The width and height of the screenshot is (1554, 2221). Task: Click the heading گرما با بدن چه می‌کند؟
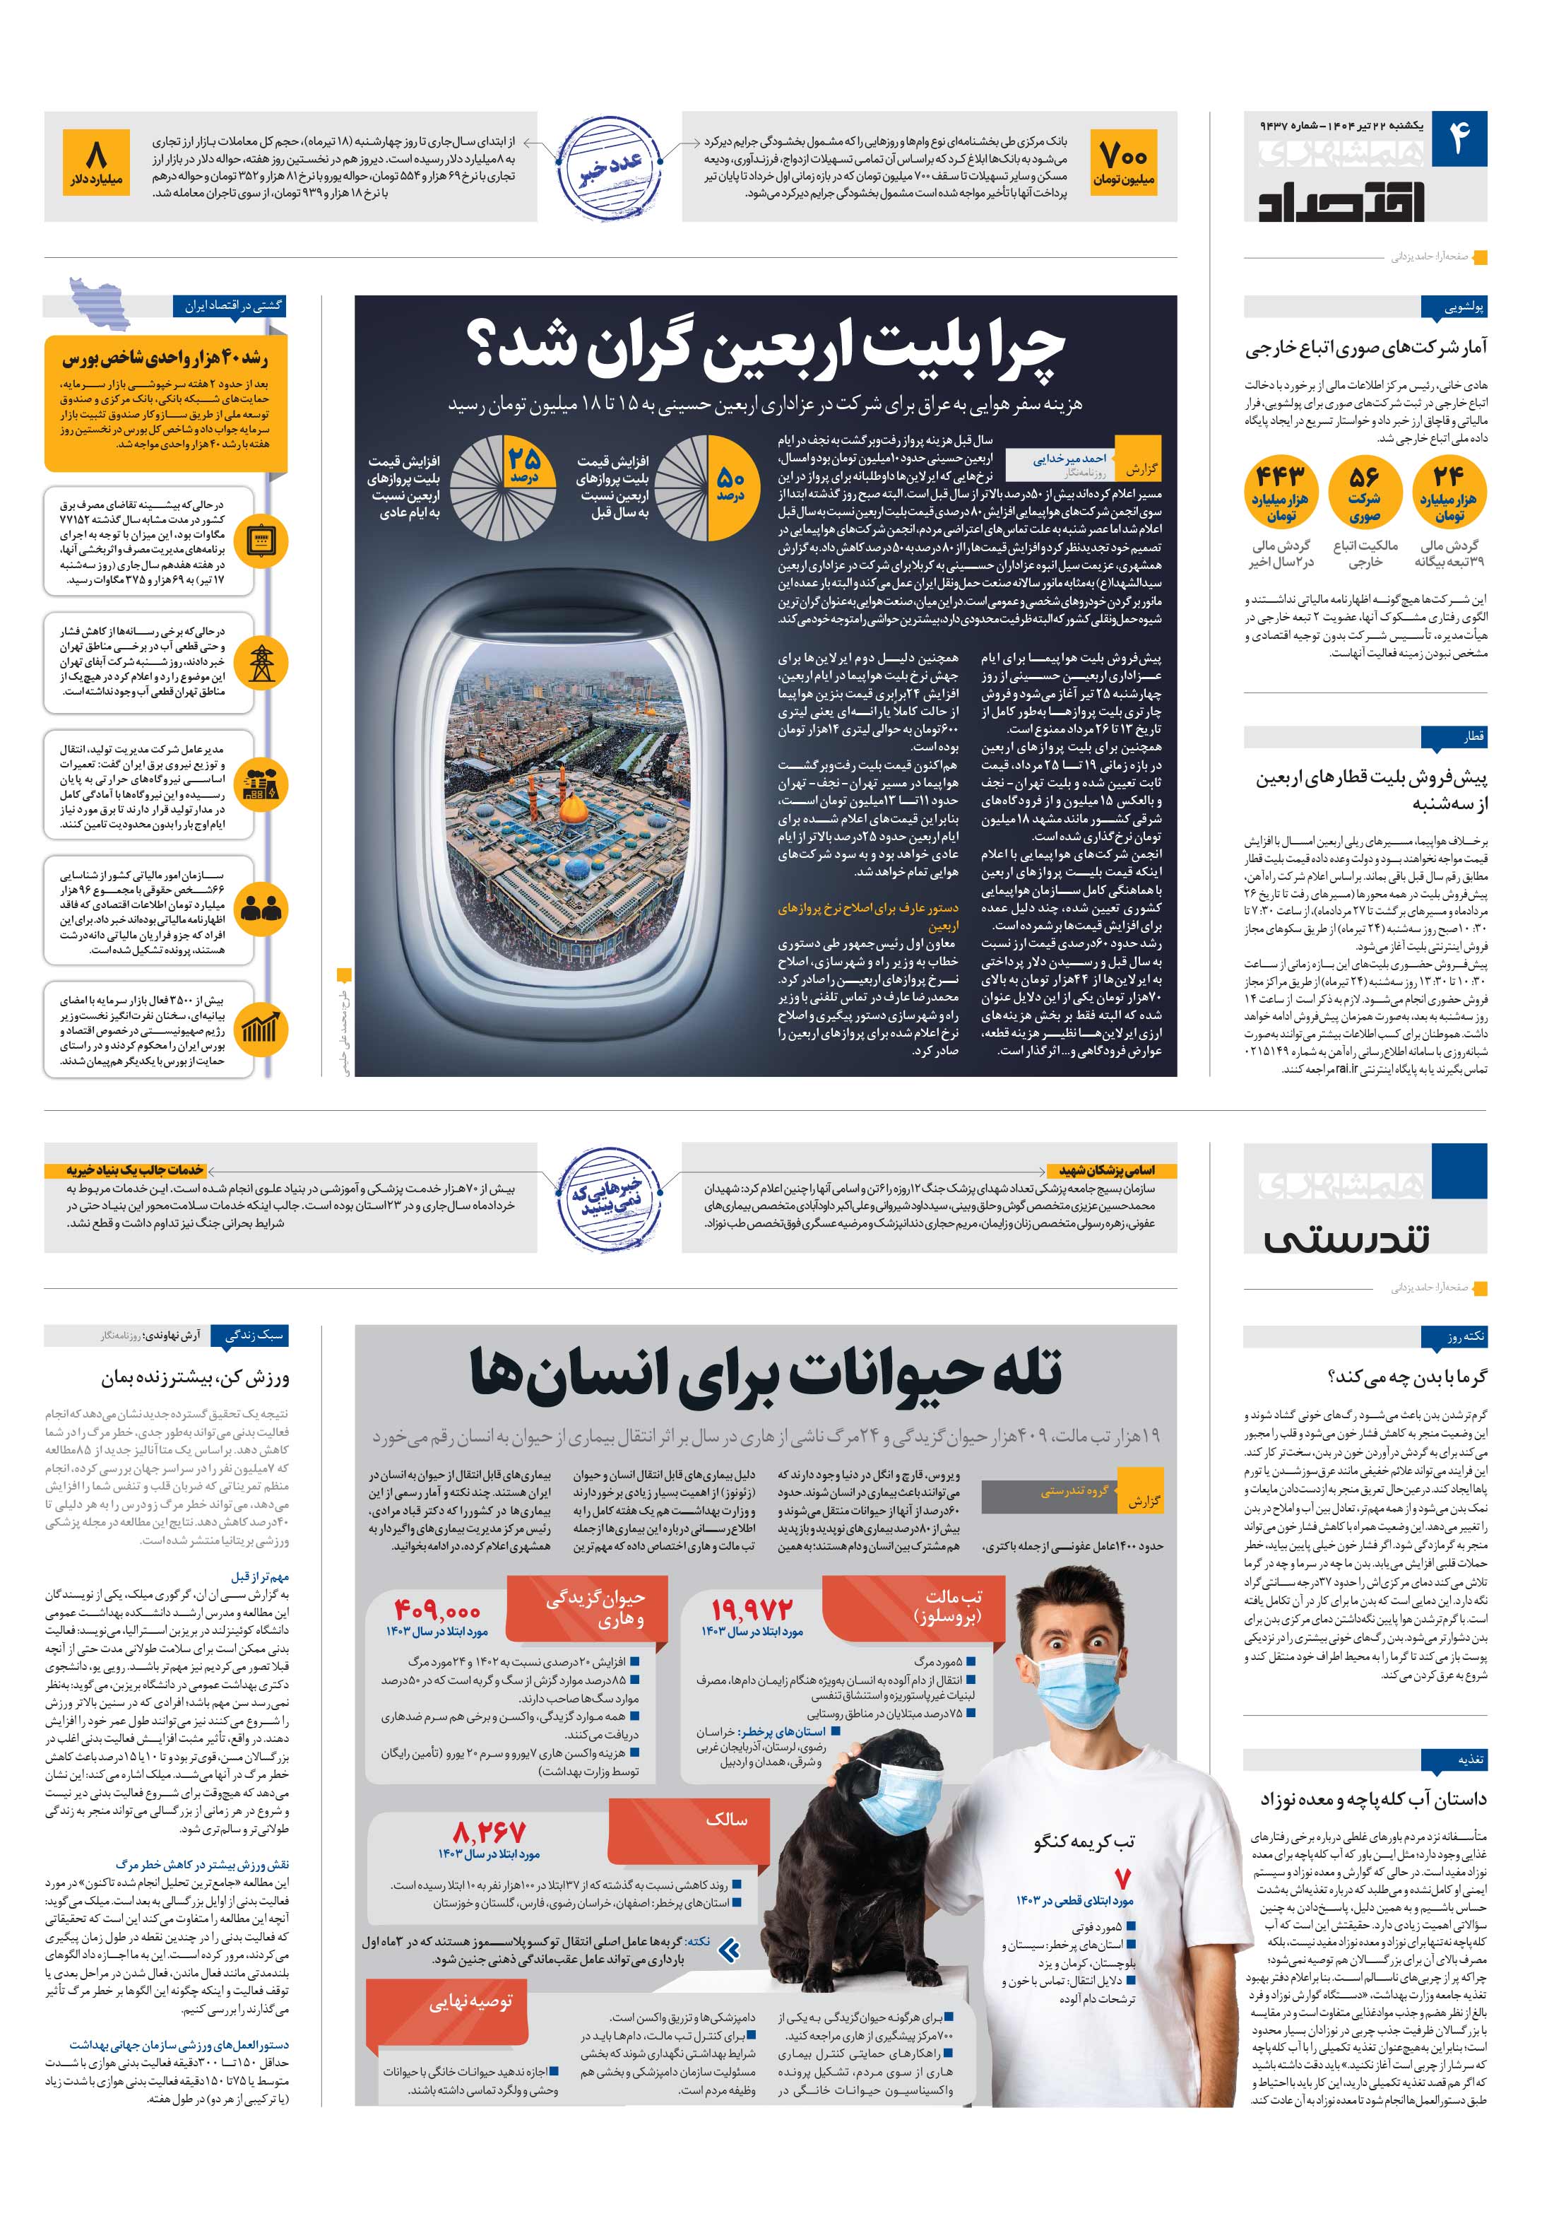1407,1377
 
